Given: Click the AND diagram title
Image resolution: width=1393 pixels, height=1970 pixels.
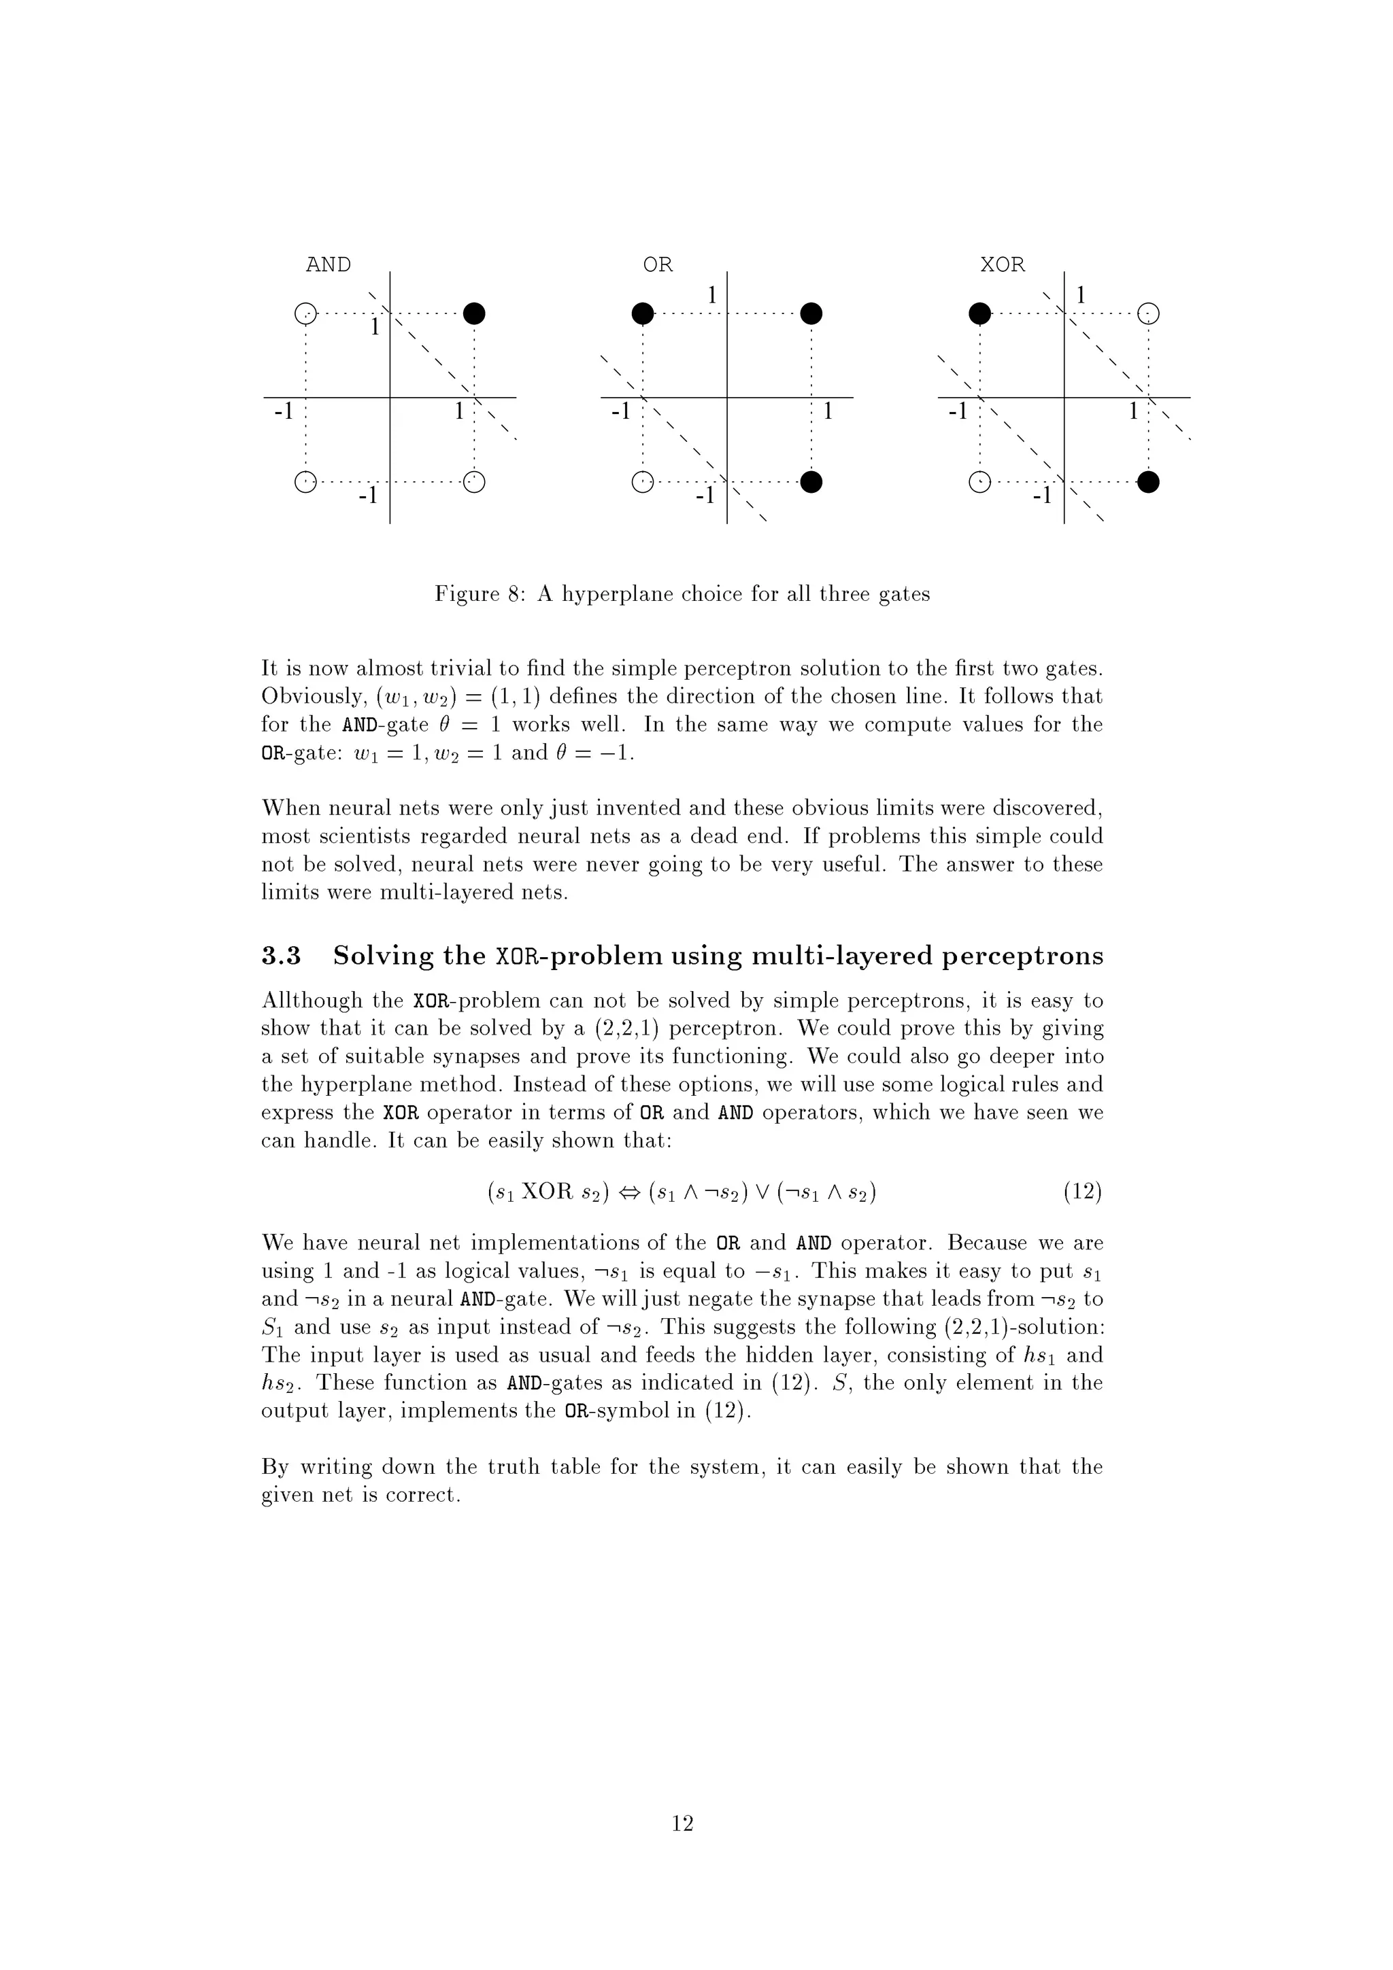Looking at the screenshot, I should tap(328, 265).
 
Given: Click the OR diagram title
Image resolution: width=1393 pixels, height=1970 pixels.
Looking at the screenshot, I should tap(658, 265).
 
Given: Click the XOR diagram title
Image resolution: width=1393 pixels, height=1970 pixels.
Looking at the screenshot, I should tap(1003, 265).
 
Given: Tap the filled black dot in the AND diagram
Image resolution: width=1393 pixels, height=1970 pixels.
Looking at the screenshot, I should tap(474, 314).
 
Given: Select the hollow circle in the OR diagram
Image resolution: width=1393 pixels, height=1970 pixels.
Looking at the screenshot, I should tap(641, 483).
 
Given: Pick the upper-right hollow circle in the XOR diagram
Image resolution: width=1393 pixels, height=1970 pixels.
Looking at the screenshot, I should tap(1148, 314).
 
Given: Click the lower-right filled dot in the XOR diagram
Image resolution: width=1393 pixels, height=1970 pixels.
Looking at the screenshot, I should tap(1148, 483).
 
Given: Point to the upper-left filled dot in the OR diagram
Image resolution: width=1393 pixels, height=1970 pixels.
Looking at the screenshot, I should tap(642, 314).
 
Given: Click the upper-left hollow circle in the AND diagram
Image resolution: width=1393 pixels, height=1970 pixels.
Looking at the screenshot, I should tap(305, 314).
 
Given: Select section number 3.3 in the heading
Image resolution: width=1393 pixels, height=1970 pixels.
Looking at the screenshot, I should tap(281, 956).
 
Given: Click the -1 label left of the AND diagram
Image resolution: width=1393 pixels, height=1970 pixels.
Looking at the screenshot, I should tap(283, 413).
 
